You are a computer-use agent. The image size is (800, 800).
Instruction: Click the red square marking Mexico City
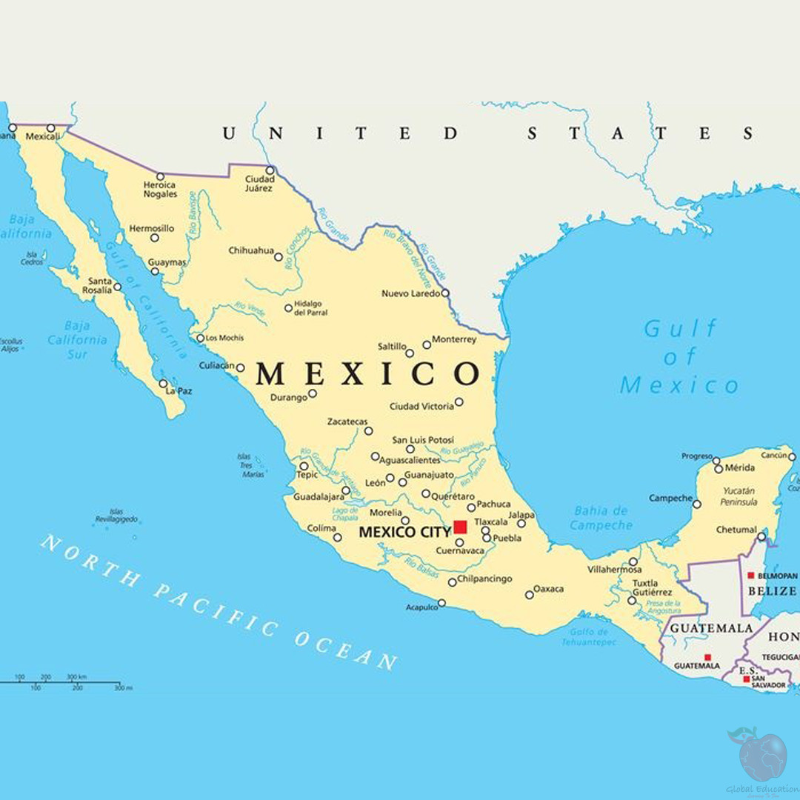460,527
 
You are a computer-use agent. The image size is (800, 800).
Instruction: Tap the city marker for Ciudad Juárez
270,170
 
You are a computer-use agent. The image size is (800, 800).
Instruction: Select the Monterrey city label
454,339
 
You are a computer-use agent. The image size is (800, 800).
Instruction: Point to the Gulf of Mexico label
680,356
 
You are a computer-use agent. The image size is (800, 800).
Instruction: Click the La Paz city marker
163,384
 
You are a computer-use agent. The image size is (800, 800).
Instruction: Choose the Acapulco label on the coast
421,607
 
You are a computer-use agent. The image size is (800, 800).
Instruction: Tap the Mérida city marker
718,469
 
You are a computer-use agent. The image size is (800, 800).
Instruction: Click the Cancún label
774,455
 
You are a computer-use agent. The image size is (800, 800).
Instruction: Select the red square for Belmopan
750,575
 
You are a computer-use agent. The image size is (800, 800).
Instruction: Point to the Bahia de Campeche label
601,518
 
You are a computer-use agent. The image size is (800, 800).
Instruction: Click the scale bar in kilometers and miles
67,682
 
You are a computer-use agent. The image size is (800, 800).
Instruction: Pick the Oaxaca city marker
529,595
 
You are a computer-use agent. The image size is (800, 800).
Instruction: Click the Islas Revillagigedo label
116,516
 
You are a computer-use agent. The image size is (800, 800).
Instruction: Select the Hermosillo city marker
154,238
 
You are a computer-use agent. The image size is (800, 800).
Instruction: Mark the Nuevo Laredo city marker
445,293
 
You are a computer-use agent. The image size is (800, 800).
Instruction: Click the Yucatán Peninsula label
739,496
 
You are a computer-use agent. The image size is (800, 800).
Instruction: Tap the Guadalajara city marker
346,490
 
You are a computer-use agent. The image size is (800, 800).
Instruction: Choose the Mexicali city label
42,136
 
